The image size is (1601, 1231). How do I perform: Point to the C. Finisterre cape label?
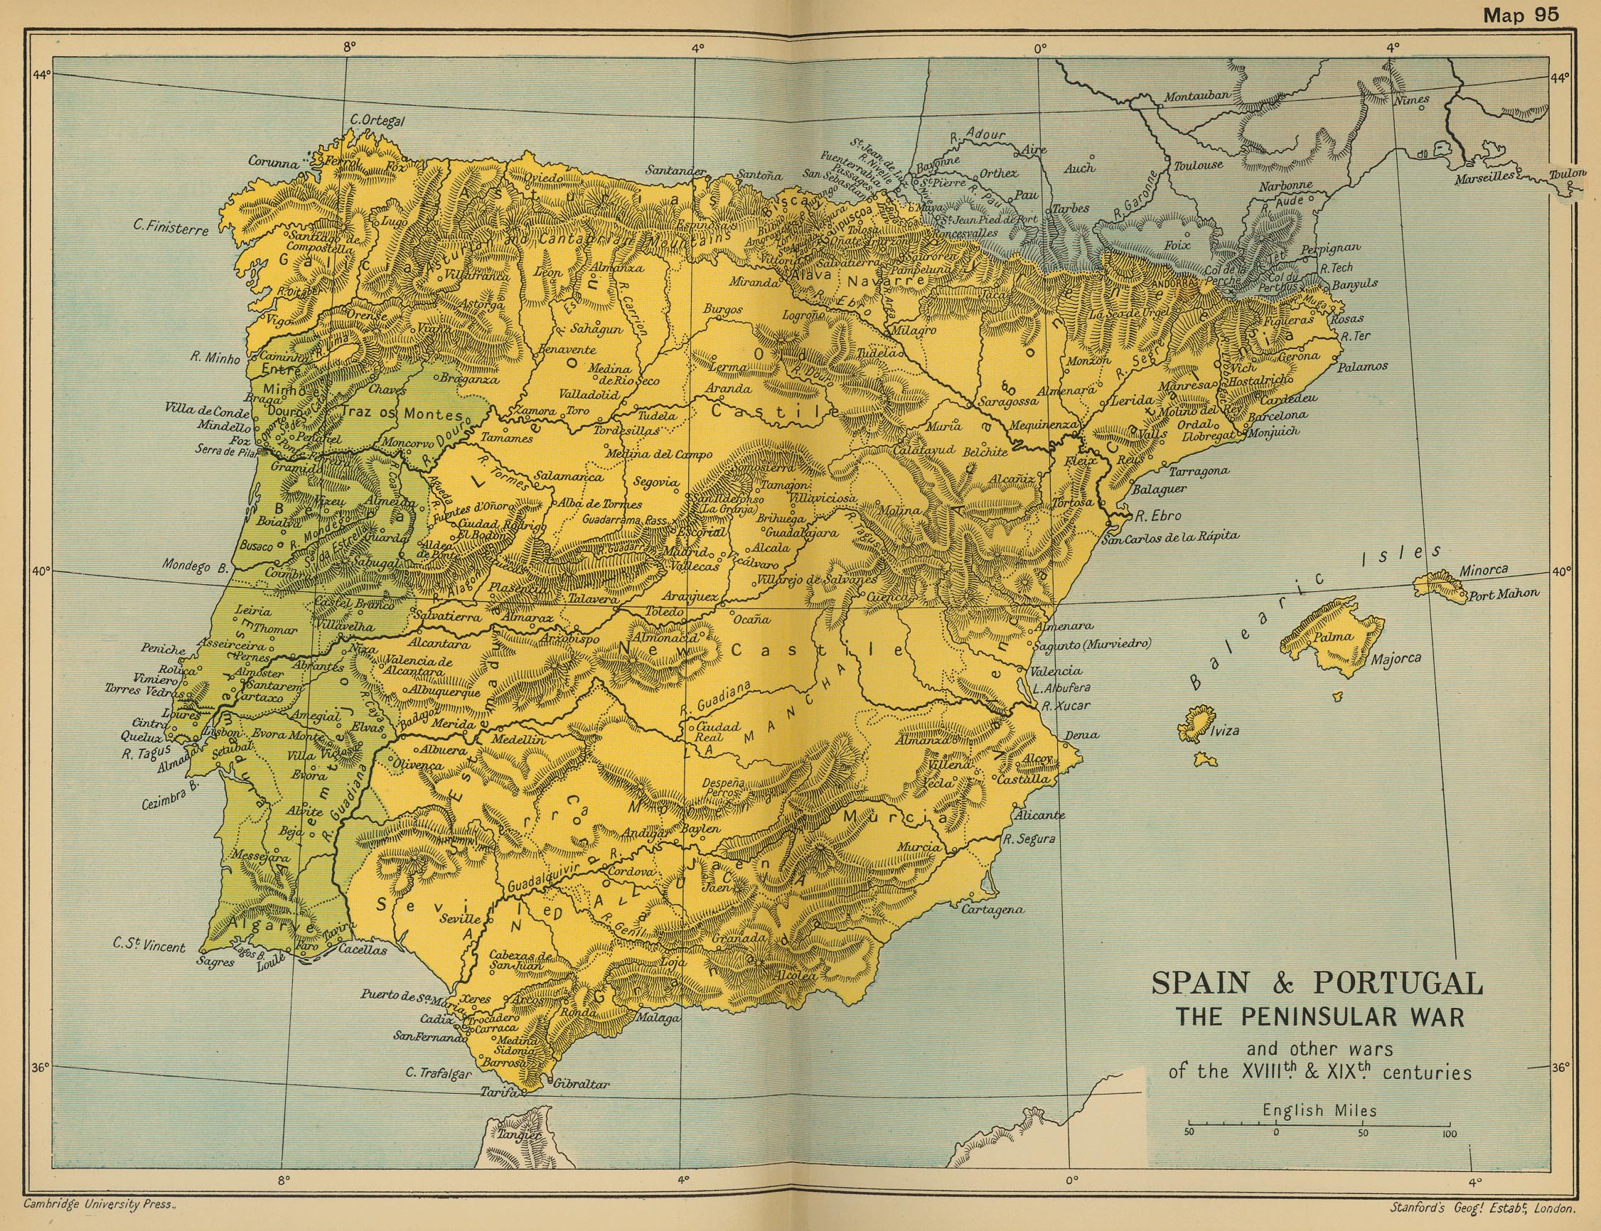click(x=171, y=227)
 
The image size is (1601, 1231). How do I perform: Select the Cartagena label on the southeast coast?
click(x=990, y=909)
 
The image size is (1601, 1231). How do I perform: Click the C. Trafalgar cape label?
click(x=439, y=1073)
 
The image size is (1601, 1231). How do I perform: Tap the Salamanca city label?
click(x=568, y=476)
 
